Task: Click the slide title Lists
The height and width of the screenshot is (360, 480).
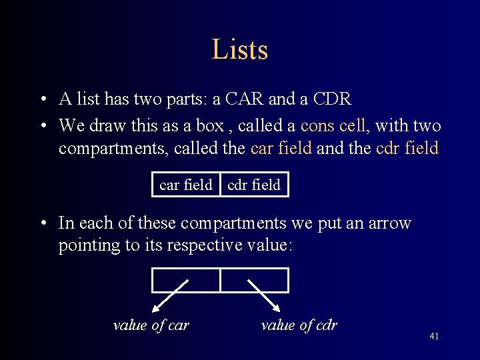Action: point(239,50)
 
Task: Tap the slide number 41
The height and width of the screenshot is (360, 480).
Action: point(434,337)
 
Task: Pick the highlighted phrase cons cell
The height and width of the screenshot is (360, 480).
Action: point(333,125)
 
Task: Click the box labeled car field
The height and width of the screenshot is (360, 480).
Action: point(186,185)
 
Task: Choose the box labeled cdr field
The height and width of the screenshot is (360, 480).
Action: point(254,185)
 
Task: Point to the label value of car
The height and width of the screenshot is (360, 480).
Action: point(151,325)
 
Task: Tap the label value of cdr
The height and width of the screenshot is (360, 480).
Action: point(299,325)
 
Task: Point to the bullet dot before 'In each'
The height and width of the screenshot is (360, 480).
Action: point(42,223)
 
